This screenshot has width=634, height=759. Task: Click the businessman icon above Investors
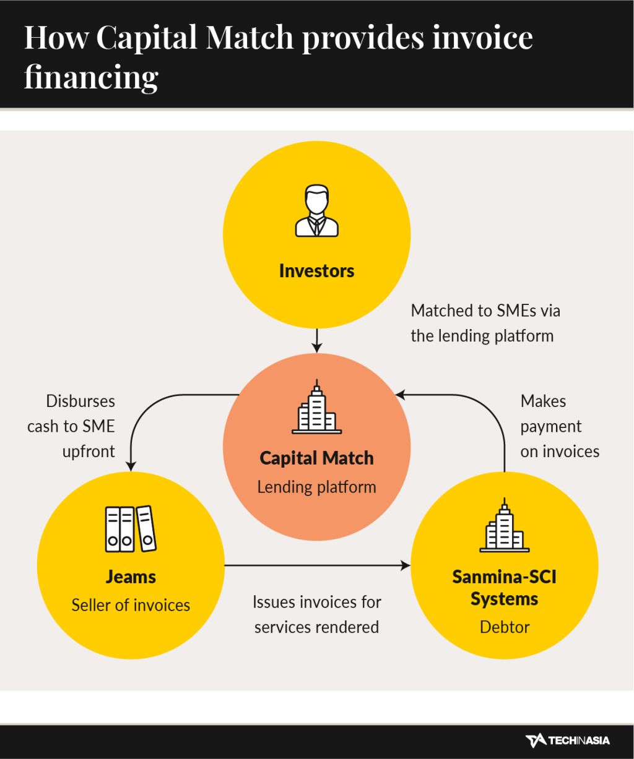[316, 211]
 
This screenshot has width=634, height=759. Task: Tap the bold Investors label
[316, 271]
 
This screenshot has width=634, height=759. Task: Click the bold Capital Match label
[316, 458]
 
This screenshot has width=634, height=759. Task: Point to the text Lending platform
[316, 487]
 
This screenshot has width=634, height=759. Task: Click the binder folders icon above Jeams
[130, 529]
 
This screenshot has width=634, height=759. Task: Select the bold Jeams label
[131, 577]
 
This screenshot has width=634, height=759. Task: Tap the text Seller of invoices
[131, 605]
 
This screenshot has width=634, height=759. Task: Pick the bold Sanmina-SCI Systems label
[505, 588]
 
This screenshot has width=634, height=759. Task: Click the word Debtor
[505, 627]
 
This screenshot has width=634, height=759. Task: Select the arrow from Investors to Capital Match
[316, 340]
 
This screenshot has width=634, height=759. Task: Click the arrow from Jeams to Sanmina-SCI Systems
[316, 565]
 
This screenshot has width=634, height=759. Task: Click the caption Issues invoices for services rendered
[316, 614]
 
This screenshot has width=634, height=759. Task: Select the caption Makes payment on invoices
[559, 426]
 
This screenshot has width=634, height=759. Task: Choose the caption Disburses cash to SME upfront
[72, 426]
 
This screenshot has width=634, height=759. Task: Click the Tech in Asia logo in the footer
[567, 740]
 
